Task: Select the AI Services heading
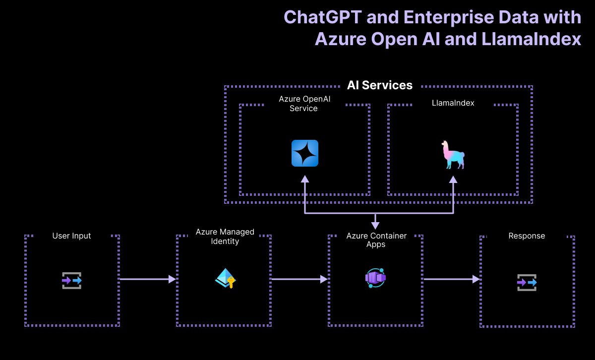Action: click(380, 85)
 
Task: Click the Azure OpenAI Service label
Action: click(304, 104)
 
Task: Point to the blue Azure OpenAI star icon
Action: click(305, 153)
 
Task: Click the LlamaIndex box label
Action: click(453, 103)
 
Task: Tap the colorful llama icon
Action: click(453, 154)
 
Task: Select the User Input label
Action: click(72, 236)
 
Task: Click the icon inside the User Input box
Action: click(72, 281)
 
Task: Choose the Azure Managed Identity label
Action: click(225, 237)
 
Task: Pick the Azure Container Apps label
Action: click(376, 240)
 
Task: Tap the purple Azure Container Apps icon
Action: click(375, 278)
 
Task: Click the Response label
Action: click(527, 236)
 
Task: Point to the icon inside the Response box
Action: click(527, 282)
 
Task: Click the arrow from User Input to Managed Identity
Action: click(148, 279)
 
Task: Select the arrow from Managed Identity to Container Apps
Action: click(299, 279)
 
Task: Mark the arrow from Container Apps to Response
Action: click(452, 279)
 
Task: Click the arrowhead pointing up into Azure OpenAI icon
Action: click(305, 180)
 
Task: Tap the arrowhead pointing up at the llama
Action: click(453, 180)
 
